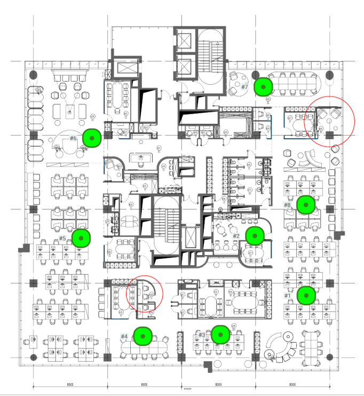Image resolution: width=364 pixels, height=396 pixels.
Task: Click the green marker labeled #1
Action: click(306, 295)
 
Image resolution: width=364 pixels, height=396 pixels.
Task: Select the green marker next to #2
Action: click(255, 235)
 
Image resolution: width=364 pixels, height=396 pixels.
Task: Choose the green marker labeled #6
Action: click(92, 138)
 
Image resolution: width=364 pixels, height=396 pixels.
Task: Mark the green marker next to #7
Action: click(263, 86)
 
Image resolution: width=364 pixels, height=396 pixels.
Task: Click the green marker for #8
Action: click(305, 204)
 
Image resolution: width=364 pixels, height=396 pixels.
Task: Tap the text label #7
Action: click(244, 86)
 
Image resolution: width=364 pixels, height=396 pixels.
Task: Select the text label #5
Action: click(62, 238)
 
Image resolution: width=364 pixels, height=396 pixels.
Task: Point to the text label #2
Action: click(236, 235)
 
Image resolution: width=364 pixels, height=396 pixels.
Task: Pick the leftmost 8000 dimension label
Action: click(69, 384)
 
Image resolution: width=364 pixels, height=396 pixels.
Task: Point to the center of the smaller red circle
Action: click(144, 294)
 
